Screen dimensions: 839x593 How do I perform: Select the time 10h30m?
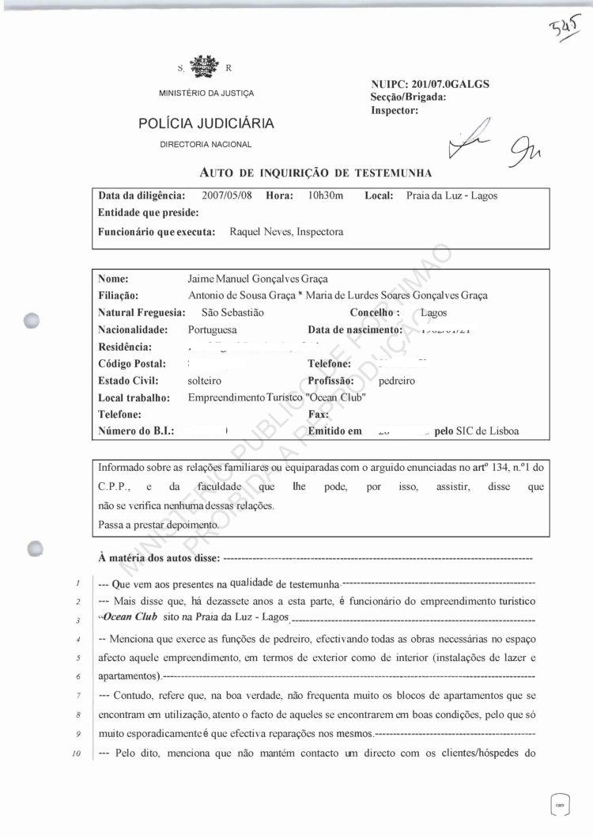pos(326,196)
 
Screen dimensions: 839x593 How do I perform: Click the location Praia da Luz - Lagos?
pos(451,196)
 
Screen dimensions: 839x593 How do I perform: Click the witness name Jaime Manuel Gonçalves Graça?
pos(257,279)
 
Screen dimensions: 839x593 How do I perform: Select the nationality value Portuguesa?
pos(213,329)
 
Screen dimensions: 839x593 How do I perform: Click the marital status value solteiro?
pos(205,380)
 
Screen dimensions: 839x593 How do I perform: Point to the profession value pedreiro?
pos(398,380)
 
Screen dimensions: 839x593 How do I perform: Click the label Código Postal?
pos(131,363)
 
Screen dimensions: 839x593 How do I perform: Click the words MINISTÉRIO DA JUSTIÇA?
pos(206,93)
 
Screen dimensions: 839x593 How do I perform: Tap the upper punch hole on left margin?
pos(32,321)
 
